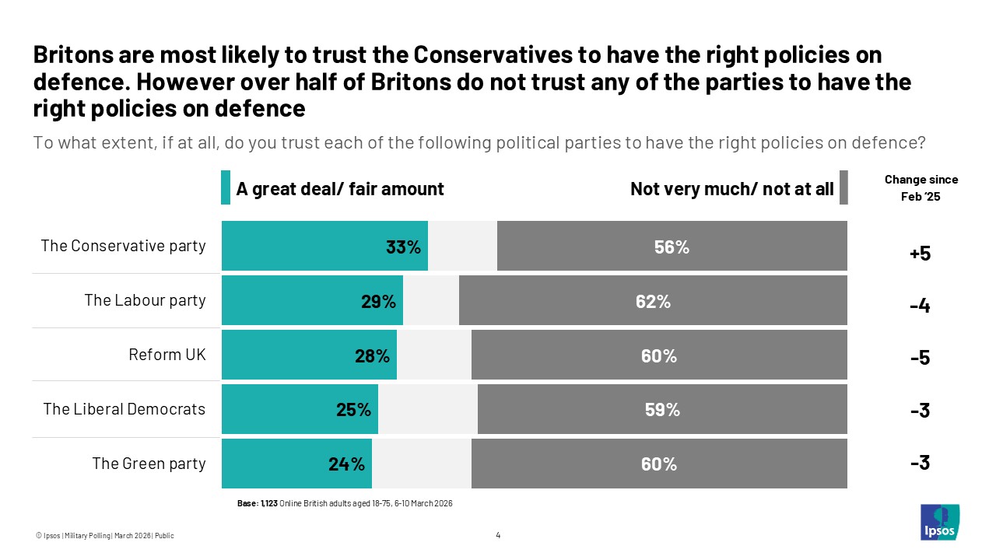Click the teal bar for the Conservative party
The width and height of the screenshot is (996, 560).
point(324,247)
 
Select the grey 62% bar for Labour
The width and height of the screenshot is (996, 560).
point(653,301)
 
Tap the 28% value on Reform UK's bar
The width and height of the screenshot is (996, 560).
point(372,356)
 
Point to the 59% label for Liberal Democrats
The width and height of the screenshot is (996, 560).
point(662,410)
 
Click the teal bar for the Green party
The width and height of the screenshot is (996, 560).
point(296,464)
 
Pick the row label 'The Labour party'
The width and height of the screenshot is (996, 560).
point(145,300)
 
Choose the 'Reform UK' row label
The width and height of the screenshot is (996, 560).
point(167,355)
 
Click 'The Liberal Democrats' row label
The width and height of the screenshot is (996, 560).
point(124,409)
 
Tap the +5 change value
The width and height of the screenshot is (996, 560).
point(920,254)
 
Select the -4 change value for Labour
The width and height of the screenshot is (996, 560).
point(920,306)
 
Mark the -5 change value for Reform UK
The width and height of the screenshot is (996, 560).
point(920,359)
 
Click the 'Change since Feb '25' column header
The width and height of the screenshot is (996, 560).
point(921,188)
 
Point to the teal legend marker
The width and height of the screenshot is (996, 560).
point(226,188)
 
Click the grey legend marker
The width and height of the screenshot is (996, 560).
point(843,188)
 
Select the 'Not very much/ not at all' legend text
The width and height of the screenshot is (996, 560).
point(731,188)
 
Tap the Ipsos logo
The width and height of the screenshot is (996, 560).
point(939,522)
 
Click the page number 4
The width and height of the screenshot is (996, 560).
point(498,534)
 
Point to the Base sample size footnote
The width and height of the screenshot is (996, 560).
point(345,504)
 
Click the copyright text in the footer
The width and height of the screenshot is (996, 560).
point(105,535)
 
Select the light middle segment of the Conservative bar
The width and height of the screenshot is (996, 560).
point(462,247)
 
